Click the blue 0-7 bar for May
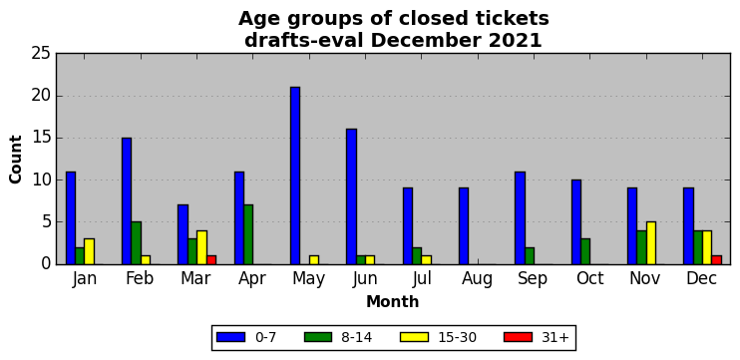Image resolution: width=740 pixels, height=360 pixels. point(295,176)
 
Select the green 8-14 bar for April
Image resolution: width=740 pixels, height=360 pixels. point(248,234)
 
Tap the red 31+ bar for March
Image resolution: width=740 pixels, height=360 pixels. point(211,260)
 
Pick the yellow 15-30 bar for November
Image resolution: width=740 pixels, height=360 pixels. point(651,243)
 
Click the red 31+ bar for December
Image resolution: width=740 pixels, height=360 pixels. point(716,260)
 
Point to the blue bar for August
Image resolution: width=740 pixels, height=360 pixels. point(464,226)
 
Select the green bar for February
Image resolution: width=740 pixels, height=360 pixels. point(136,243)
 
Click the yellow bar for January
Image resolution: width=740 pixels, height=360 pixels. point(89,251)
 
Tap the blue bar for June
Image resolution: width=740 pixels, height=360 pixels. point(351,196)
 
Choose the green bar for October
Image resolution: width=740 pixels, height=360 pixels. point(585,251)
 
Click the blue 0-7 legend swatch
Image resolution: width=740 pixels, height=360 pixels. point(230,337)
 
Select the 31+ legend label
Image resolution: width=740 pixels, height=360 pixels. point(555,337)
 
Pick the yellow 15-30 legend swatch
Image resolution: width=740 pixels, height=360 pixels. point(414,337)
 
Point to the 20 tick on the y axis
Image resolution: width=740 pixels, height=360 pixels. point(57,96)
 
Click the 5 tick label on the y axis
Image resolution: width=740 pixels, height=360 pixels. point(46,221)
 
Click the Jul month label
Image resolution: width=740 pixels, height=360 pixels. point(422,278)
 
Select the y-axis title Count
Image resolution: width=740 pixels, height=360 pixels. point(15,159)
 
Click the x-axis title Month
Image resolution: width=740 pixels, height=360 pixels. point(393,301)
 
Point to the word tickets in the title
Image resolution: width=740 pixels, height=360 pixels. point(510,19)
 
